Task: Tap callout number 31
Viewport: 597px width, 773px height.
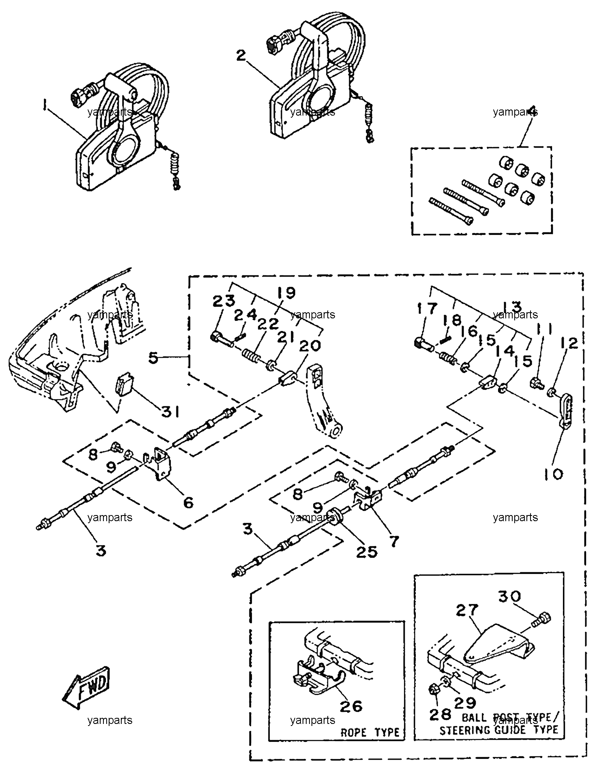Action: click(170, 412)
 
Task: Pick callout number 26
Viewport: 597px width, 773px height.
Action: click(351, 706)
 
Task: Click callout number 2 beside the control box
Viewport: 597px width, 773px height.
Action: click(241, 56)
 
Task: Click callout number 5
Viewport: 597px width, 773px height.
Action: click(152, 357)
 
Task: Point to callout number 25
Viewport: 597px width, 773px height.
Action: click(367, 552)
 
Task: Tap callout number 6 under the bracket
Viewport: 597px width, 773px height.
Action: click(188, 503)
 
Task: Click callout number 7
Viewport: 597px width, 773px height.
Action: click(394, 541)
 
